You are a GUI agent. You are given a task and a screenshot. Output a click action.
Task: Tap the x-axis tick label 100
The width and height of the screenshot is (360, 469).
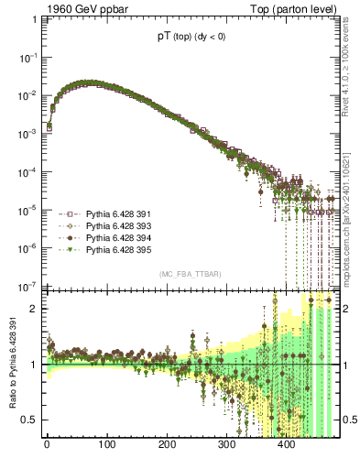pyautogui.click(x=106, y=448)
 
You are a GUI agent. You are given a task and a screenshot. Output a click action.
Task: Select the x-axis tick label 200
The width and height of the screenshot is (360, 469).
pyautogui.click(x=167, y=448)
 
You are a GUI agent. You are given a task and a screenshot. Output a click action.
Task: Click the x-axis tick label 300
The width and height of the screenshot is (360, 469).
pyautogui.click(x=226, y=448)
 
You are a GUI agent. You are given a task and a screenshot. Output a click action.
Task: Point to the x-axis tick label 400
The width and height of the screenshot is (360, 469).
pyautogui.click(x=287, y=448)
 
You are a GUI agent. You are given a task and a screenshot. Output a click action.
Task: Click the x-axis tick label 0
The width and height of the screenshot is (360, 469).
pyautogui.click(x=47, y=448)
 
